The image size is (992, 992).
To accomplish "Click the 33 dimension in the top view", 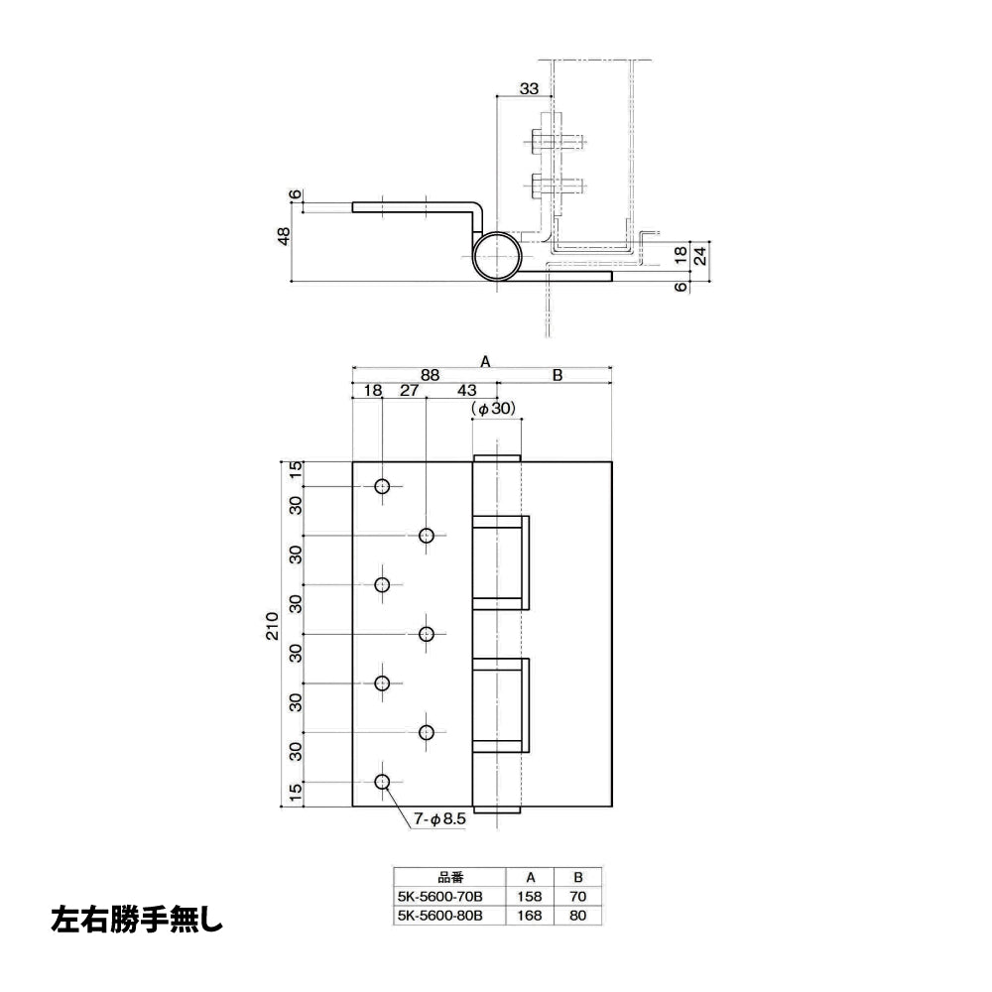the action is coord(529,88).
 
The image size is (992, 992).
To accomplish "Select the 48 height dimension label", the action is coord(284,236).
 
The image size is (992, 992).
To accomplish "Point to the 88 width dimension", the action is coord(430,375).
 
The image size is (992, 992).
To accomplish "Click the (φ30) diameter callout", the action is coord(493,409).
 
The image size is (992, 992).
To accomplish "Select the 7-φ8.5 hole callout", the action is coord(439,819).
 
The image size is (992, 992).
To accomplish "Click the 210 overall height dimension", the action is coord(272,626).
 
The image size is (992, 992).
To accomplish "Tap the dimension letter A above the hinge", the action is coord(485,361).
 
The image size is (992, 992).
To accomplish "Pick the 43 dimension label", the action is coord(466,390).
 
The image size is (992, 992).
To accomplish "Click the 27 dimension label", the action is coord(410,390).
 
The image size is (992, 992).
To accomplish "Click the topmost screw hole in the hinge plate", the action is coord(382,486).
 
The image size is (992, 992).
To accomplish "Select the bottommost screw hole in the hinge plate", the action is coord(382,782).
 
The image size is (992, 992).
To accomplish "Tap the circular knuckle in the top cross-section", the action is coord(499,256).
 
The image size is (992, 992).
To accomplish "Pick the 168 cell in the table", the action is coord(530,916).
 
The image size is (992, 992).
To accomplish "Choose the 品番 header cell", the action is coord(450,878).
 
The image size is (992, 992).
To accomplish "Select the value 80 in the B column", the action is coord(577,916).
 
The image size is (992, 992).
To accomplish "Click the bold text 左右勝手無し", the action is coord(137,920).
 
